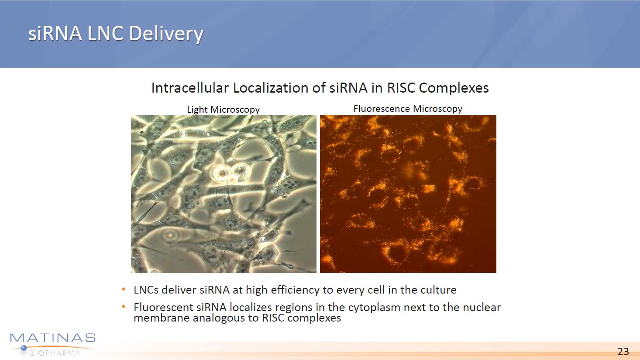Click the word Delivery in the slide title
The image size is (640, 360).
[166, 34]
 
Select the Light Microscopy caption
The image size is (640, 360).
[223, 110]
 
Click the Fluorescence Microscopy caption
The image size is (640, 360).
[408, 109]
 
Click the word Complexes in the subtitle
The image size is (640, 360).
[454, 88]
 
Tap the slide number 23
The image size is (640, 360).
[623, 351]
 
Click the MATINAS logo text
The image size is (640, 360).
[53, 338]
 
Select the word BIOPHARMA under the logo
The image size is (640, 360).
[55, 353]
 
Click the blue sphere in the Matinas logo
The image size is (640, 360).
[24, 348]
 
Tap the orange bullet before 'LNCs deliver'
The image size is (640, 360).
[124, 289]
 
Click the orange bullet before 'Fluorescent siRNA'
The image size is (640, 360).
[124, 307]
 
